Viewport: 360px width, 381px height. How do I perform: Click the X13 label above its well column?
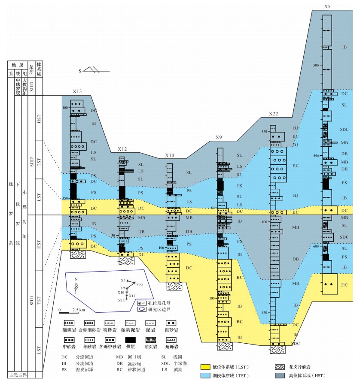77,91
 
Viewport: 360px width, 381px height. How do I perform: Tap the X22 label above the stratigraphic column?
274,114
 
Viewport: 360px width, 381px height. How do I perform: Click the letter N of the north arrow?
76,278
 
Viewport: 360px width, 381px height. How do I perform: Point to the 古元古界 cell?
18,375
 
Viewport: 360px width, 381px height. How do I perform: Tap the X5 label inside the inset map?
123,280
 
